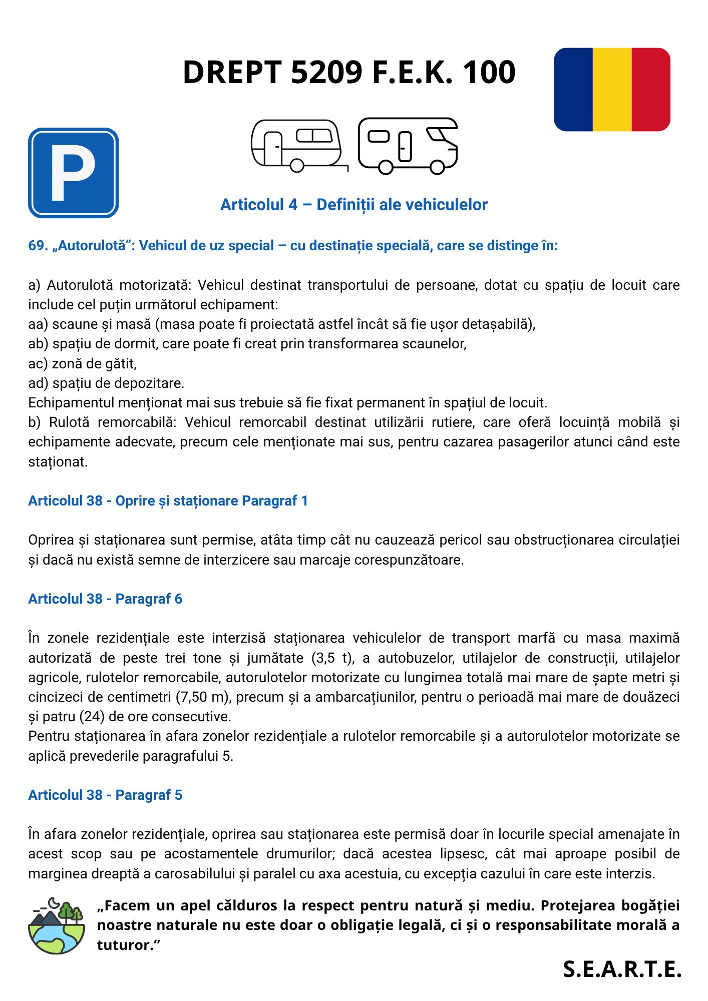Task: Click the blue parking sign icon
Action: (x=73, y=173)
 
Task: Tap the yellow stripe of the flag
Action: (x=612, y=90)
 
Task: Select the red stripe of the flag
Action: (x=651, y=90)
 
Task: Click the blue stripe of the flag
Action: (x=573, y=90)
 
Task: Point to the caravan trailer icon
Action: (x=298, y=145)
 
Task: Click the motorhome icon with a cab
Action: (x=408, y=145)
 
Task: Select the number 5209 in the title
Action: (x=326, y=72)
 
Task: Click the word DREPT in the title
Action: (x=232, y=72)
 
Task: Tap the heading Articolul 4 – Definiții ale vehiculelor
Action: (x=353, y=205)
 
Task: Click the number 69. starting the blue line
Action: (x=38, y=246)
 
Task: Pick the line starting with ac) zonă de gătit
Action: (x=83, y=363)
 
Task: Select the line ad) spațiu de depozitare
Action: (x=106, y=383)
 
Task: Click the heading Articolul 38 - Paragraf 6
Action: (x=105, y=599)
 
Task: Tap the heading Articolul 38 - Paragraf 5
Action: (x=105, y=795)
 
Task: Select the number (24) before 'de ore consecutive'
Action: (x=92, y=717)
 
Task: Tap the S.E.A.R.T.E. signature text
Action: (x=622, y=969)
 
